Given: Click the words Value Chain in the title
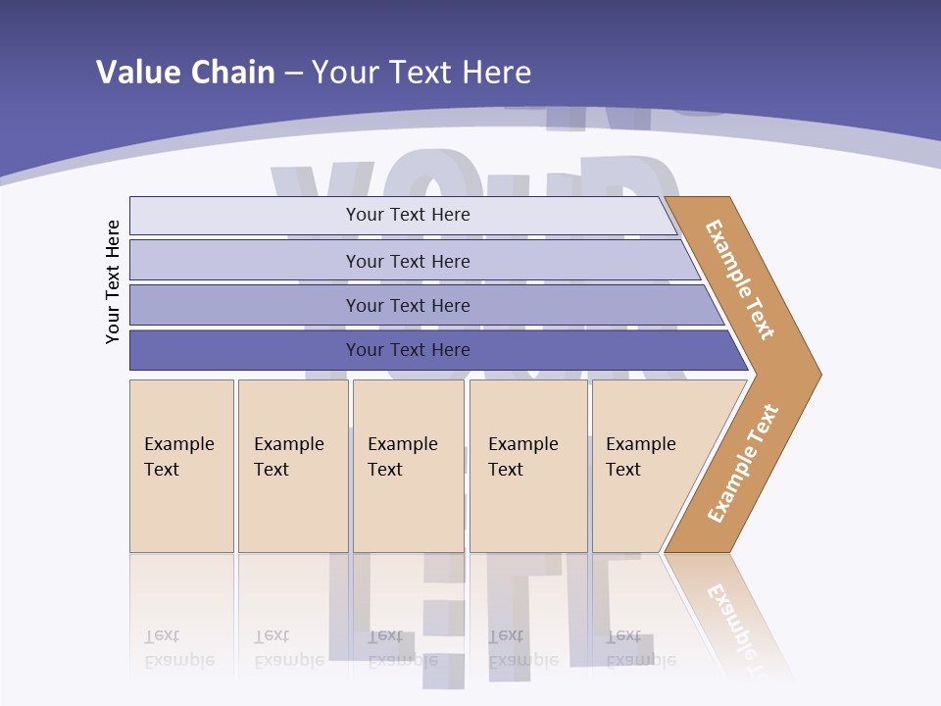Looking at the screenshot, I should [x=185, y=73].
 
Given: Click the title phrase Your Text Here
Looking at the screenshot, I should [x=421, y=73].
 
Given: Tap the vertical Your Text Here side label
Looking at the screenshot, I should [x=113, y=281].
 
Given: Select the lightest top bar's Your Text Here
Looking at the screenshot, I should [x=408, y=215].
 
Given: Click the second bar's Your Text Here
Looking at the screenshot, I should [x=408, y=262].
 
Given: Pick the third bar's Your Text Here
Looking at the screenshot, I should [x=408, y=306].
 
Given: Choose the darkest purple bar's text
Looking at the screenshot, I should [x=408, y=350].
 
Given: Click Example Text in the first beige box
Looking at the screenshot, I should [x=178, y=457].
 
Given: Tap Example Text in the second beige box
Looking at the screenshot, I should [x=288, y=457].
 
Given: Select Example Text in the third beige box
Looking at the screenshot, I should [x=402, y=457].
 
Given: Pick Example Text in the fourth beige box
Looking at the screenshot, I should [x=522, y=457].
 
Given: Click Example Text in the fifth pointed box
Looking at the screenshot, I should [x=640, y=457].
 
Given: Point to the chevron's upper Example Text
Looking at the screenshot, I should [x=740, y=279].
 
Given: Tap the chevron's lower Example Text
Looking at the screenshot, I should [x=742, y=464].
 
